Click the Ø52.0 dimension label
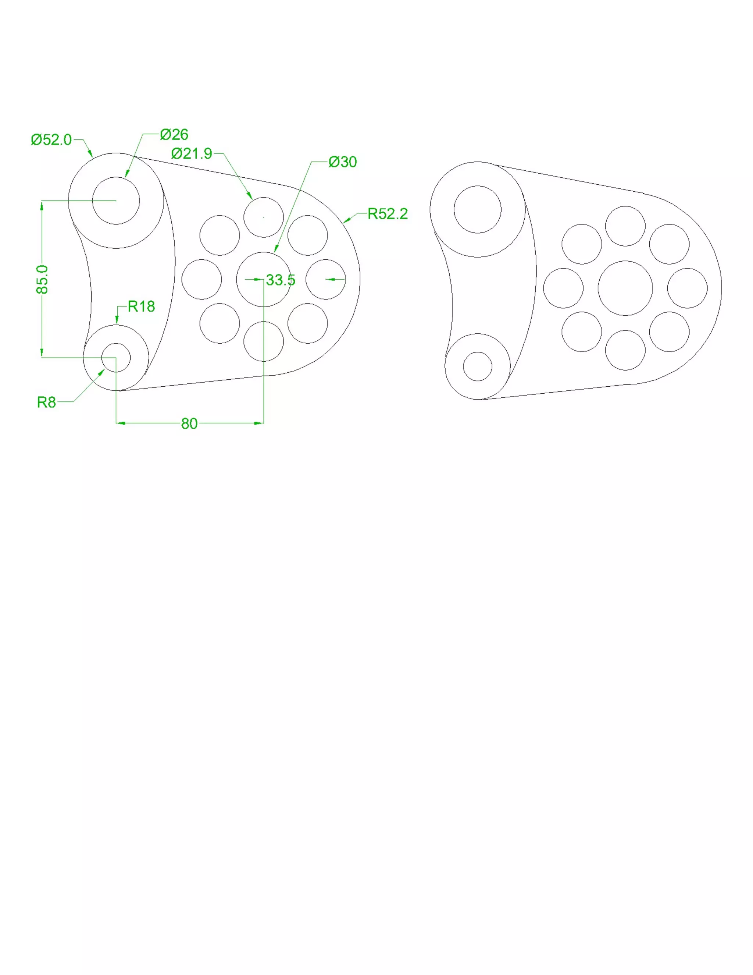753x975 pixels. click(x=51, y=140)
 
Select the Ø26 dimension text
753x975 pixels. click(x=174, y=134)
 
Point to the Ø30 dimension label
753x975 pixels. click(x=343, y=162)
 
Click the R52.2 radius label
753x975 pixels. click(x=388, y=214)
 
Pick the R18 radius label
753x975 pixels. click(x=141, y=306)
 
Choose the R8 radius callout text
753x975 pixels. click(x=46, y=402)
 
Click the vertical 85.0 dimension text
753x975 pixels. click(x=42, y=280)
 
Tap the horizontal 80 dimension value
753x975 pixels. click(x=189, y=423)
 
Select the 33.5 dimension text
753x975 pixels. click(x=281, y=280)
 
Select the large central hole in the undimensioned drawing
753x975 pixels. click(x=625, y=288)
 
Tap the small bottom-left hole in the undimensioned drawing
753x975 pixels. click(x=477, y=366)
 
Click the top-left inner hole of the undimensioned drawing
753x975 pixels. click(x=477, y=209)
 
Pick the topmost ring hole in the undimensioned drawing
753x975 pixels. click(x=625, y=226)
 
